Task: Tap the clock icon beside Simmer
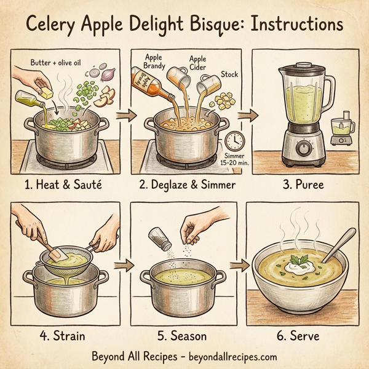[x=233, y=140]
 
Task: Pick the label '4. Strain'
[x=60, y=336]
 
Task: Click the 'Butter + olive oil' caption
[x=56, y=63]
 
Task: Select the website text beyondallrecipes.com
[x=228, y=357]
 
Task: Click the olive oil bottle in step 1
[x=33, y=98]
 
